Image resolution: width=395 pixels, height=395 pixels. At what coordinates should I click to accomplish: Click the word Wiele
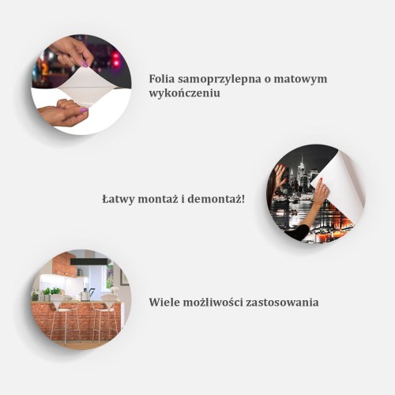coord(164,302)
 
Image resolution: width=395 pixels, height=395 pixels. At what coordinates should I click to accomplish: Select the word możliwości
coord(213,302)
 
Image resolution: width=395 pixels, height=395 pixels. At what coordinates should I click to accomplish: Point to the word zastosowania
coord(282,302)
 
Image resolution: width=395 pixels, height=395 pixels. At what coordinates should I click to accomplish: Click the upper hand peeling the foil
coord(75,51)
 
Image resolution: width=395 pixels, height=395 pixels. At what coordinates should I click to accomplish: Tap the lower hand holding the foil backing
coord(63,113)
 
